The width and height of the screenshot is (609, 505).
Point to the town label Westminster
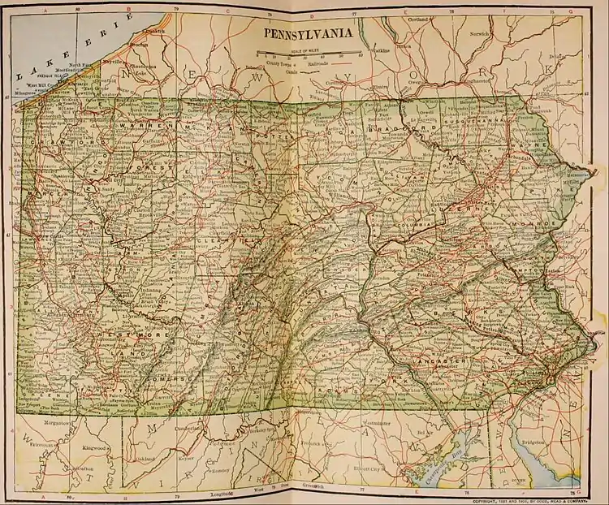pyautogui.click(x=376, y=423)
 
